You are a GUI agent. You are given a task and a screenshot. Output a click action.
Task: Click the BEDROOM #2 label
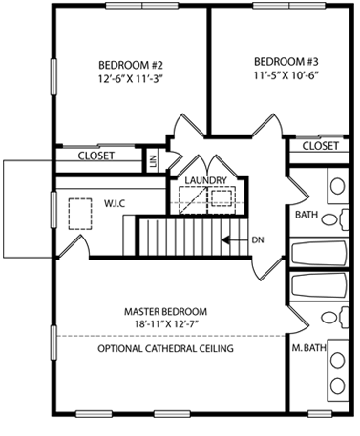tap(131, 65)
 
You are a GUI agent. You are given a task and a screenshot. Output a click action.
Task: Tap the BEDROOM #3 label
tap(286, 61)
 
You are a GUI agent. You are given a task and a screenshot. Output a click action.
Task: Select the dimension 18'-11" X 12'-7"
tap(167, 324)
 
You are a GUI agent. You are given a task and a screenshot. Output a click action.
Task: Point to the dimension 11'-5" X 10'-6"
tap(286, 75)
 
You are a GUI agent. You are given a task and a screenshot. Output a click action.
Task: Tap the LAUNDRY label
tap(206, 180)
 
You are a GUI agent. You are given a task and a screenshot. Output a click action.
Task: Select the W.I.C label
tap(115, 203)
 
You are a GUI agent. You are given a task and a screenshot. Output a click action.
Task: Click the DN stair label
tap(258, 240)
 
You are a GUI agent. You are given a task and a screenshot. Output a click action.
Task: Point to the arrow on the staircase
tap(235, 240)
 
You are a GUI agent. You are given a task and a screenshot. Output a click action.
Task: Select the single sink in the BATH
tap(337, 186)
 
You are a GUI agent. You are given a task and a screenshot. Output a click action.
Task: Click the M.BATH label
tap(309, 348)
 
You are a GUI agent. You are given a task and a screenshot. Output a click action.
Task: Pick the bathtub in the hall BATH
tap(318, 253)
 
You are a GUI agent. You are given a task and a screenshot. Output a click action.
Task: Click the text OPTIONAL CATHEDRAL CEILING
tap(165, 348)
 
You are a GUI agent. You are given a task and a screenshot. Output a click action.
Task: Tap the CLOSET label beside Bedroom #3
tap(320, 146)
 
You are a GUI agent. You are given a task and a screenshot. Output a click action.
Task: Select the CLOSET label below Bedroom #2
tap(96, 156)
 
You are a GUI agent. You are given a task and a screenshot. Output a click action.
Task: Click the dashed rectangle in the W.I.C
tap(80, 214)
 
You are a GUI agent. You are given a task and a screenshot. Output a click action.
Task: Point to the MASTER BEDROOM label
tap(165, 311)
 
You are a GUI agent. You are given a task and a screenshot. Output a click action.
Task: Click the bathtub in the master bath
tap(318, 285)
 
